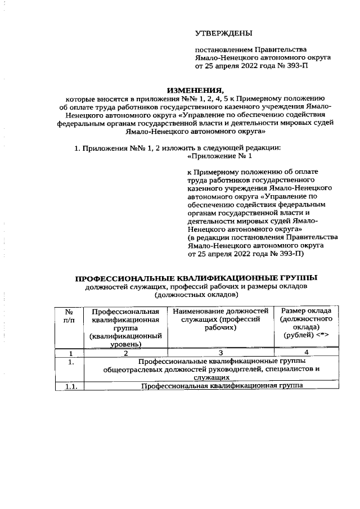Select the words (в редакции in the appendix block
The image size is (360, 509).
click(208, 238)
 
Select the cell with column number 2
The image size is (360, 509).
click(125, 353)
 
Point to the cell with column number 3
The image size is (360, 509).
click(220, 353)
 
